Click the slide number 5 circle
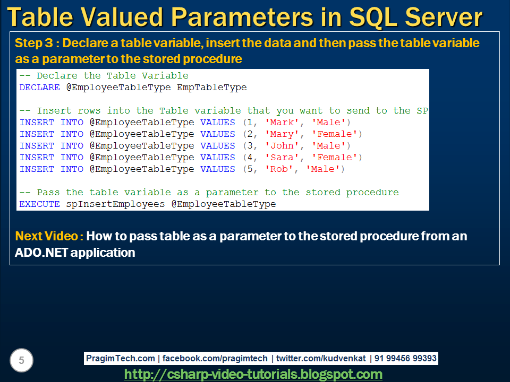click(x=21, y=361)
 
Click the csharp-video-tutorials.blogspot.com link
click(x=253, y=374)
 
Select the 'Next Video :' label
click(x=49, y=236)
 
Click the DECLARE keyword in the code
click(x=39, y=88)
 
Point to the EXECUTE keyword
click(x=39, y=204)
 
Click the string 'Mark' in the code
click(x=282, y=123)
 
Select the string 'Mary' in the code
click(x=282, y=134)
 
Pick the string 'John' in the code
click(x=282, y=146)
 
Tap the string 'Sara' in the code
click(x=282, y=158)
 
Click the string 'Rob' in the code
click(x=279, y=169)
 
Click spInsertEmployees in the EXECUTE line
click(x=115, y=204)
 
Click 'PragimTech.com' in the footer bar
click(x=121, y=358)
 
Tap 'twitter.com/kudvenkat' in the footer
click(x=321, y=358)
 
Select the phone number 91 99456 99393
click(x=405, y=358)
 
